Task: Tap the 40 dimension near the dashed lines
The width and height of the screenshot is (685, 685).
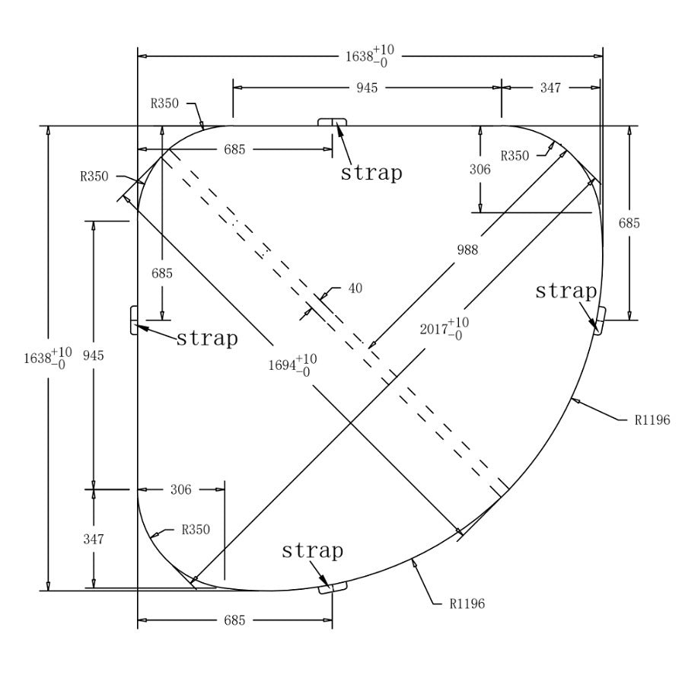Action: tap(355, 288)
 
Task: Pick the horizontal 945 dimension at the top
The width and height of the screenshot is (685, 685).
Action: tap(367, 88)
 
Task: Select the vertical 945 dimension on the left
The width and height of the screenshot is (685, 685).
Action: tap(94, 355)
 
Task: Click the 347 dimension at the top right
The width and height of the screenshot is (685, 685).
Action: tap(550, 88)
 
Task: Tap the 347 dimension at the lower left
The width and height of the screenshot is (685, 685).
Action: tap(94, 539)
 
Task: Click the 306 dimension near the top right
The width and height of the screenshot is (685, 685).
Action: tap(479, 170)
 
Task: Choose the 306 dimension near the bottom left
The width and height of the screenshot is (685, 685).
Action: tap(180, 490)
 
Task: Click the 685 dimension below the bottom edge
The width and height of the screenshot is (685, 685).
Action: tap(234, 620)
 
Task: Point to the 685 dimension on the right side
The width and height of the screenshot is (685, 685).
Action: tap(629, 223)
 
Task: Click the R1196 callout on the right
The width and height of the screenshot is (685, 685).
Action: tap(652, 419)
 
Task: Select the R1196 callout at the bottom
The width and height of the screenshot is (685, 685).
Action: tap(467, 604)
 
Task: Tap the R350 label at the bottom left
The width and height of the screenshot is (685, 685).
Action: tap(196, 529)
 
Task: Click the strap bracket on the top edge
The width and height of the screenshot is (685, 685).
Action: tap(333, 123)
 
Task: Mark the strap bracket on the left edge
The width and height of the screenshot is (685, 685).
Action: tap(134, 320)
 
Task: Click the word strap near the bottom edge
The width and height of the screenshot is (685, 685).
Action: tap(312, 550)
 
